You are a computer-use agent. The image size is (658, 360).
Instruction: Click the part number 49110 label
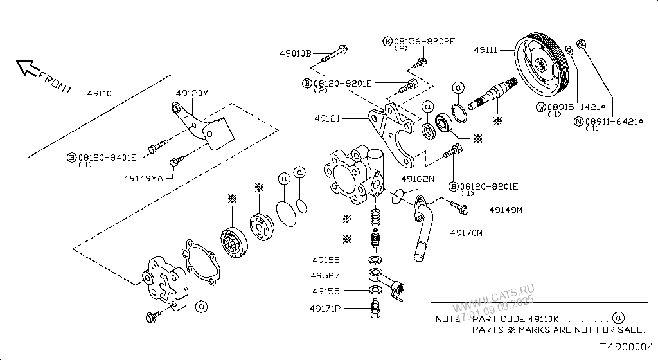[x=99, y=94]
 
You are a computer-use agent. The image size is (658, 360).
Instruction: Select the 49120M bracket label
[x=193, y=93]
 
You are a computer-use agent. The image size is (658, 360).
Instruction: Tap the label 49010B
[x=295, y=53]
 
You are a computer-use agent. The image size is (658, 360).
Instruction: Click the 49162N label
[x=418, y=179]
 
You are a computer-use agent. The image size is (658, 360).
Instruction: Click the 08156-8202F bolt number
[x=424, y=41]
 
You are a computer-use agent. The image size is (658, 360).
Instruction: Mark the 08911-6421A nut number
[x=613, y=120]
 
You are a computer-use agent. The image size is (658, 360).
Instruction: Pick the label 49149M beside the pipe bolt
[x=506, y=210]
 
